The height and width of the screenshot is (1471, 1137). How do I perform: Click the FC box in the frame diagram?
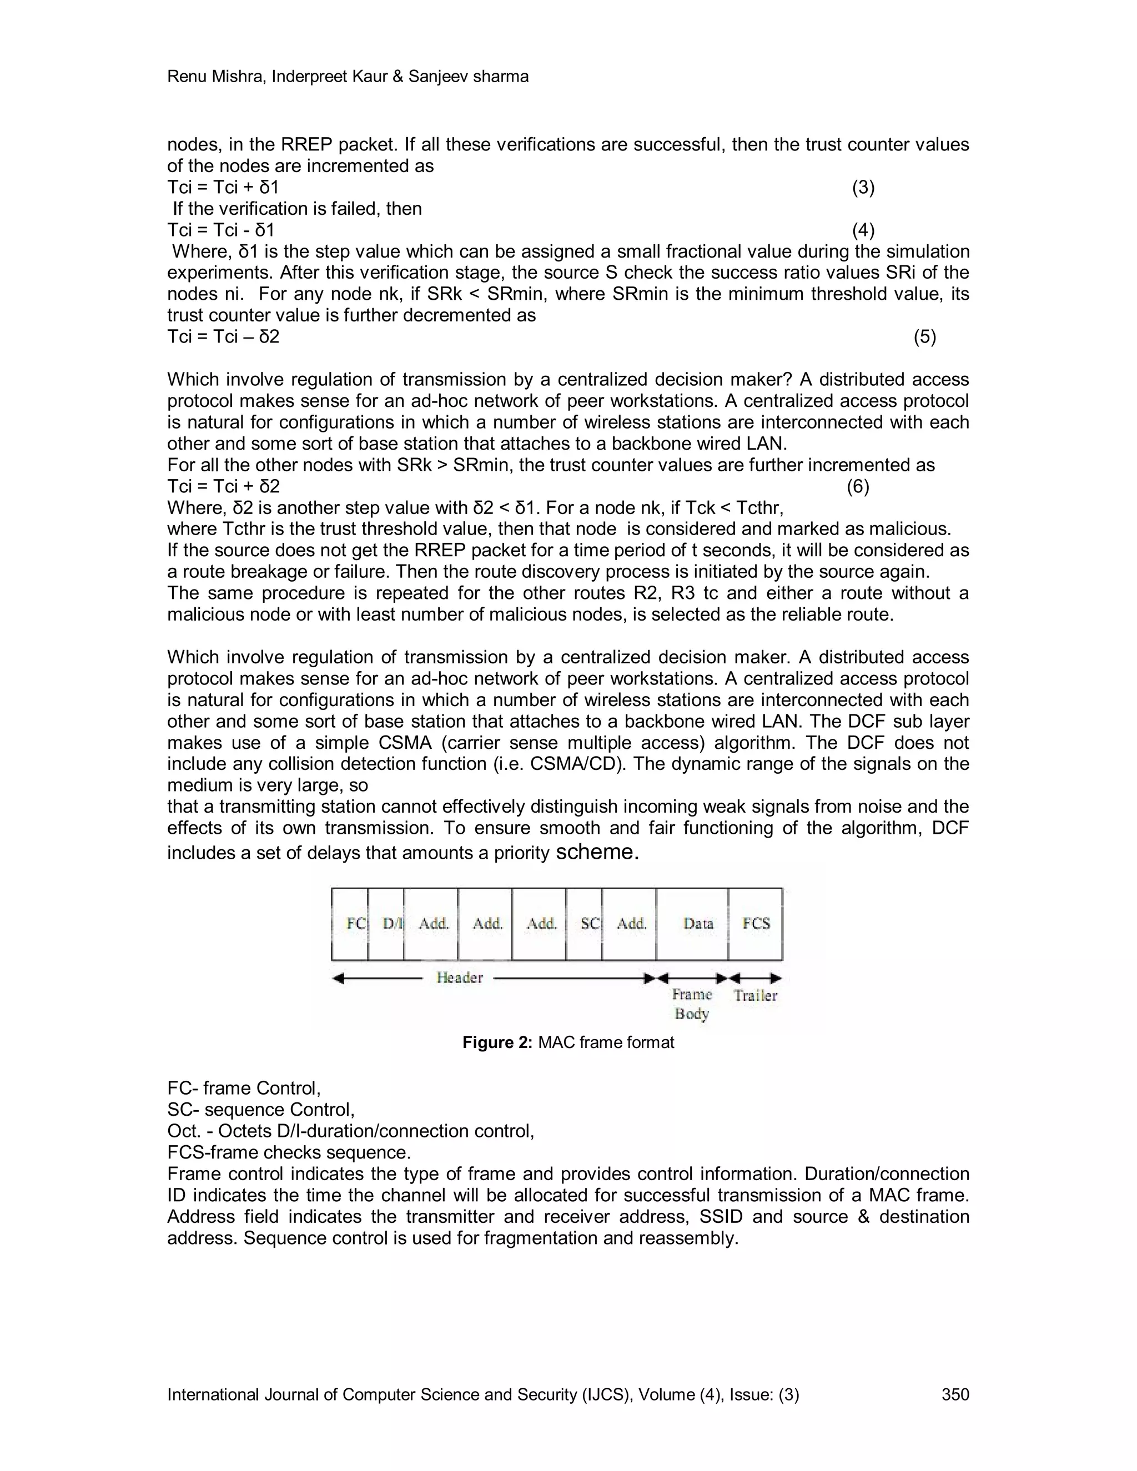click(x=350, y=924)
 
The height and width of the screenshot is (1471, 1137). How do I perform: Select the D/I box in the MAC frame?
click(x=386, y=924)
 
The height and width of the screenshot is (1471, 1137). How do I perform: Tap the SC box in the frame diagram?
click(x=585, y=924)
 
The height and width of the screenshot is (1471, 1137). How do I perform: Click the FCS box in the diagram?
click(x=756, y=924)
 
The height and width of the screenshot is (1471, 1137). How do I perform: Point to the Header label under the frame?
click(x=459, y=978)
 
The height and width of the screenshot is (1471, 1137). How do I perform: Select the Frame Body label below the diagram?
click(x=692, y=1004)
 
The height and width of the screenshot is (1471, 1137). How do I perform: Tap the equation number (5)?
click(x=925, y=337)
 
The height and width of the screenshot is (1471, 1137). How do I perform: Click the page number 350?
click(x=955, y=1394)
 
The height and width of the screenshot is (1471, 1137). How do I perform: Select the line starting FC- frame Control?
click(x=244, y=1089)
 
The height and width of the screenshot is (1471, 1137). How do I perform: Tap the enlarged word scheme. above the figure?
click(x=597, y=852)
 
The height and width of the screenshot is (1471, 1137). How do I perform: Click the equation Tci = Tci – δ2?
click(x=223, y=337)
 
